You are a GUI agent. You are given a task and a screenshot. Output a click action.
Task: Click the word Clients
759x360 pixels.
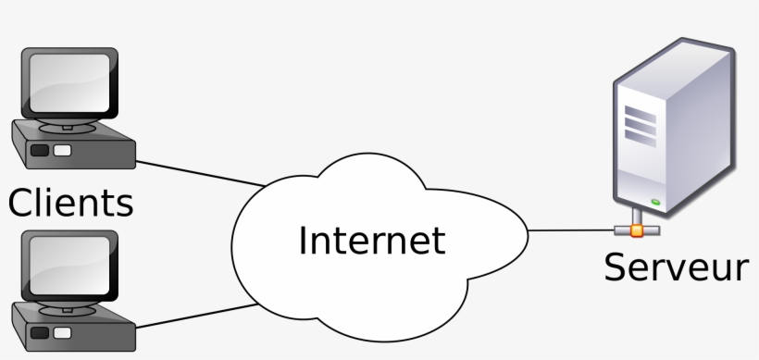[x=71, y=203]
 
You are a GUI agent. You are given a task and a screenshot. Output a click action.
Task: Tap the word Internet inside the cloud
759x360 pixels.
[x=371, y=240]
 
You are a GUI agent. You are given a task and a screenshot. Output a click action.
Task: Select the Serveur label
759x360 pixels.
[x=676, y=267]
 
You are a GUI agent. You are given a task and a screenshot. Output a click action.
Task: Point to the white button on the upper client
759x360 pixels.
[x=62, y=150]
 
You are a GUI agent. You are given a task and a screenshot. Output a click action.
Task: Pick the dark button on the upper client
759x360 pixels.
[x=40, y=150]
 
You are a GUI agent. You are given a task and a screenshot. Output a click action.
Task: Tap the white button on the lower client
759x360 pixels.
[x=62, y=331]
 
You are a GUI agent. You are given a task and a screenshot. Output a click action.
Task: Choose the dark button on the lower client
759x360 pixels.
[x=40, y=331]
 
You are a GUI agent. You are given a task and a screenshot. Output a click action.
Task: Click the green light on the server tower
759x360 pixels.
[x=655, y=201]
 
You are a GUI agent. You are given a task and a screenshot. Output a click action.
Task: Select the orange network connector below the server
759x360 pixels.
[x=635, y=229]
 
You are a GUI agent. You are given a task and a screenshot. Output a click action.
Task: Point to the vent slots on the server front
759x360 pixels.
[x=638, y=119]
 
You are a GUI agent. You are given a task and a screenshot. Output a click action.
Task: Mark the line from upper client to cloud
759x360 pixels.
[x=199, y=173]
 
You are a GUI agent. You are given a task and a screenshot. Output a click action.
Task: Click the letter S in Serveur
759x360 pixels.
[x=616, y=267]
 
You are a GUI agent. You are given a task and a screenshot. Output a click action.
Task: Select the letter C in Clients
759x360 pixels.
[x=22, y=203]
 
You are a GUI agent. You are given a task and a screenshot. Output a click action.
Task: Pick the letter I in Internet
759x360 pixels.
[x=304, y=240]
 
